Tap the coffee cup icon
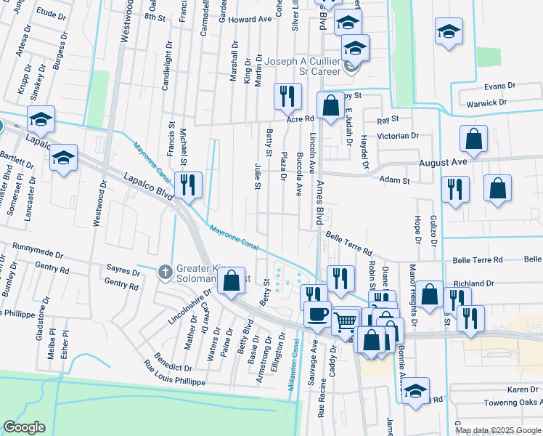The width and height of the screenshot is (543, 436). [317, 315]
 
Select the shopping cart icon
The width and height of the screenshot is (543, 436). [346, 320]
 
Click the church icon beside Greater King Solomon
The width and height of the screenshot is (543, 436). [164, 272]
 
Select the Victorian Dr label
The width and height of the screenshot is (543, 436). [398, 136]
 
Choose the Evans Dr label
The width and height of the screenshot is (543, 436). [500, 86]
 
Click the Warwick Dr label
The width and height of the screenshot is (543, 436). [486, 103]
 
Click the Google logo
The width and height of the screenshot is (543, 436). [24, 427]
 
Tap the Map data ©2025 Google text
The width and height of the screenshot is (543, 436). [497, 430]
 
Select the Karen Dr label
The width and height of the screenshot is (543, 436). [523, 390]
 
